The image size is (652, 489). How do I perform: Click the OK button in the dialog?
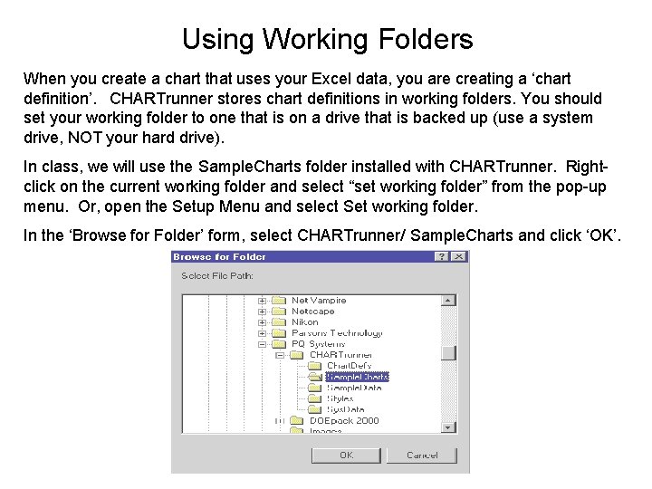pos(346,455)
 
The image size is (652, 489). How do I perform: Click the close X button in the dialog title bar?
pos(459,256)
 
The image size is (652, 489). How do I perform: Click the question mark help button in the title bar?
pos(441,256)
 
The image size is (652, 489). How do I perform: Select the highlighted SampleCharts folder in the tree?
pos(357,377)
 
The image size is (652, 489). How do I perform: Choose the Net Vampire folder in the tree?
pos(319,300)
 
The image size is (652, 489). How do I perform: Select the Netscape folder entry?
pos(313,311)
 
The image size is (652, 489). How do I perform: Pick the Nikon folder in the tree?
pos(305,321)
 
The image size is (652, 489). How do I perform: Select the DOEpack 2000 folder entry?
pos(344,420)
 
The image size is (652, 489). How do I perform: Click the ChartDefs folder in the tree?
pos(349,366)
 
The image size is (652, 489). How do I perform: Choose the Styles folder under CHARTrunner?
pos(340,398)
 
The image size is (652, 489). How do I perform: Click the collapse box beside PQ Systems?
pos(263,344)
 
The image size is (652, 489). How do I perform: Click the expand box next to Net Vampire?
pos(263,300)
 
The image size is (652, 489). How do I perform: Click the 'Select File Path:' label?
pos(217,275)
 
